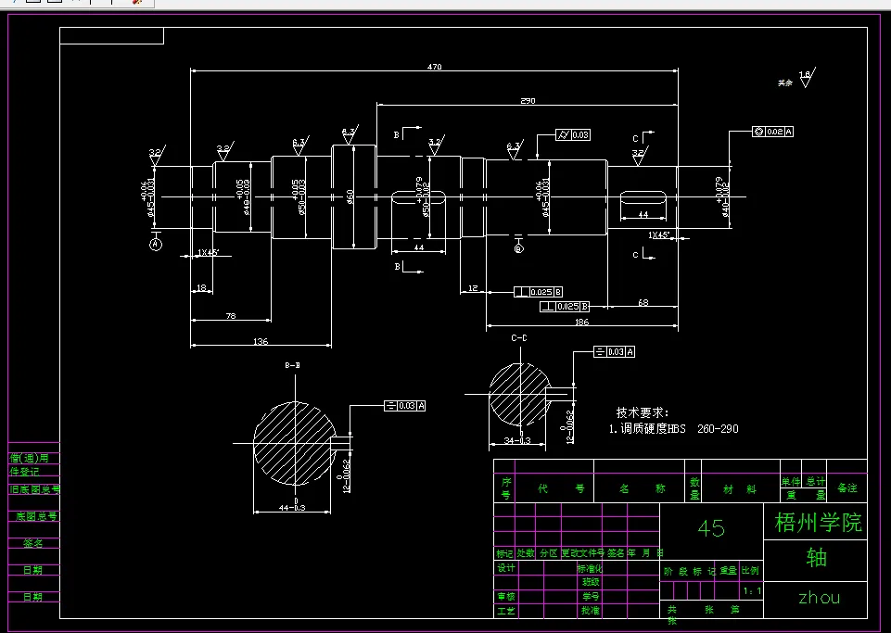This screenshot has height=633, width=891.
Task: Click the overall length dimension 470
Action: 434,67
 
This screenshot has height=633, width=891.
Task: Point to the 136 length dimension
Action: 261,342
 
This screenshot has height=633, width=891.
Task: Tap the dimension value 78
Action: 231,316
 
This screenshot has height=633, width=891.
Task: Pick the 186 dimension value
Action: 581,322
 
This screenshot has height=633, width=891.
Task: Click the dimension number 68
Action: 643,302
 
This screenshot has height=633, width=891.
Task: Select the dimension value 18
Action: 202,288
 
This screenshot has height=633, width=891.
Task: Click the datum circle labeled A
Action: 155,244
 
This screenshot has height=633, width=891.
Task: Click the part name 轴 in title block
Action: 816,558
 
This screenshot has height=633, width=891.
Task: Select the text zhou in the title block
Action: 816,598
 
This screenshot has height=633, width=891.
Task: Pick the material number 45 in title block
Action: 710,528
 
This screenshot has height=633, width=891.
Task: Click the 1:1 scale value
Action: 752,590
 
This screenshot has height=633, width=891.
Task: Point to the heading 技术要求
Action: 642,412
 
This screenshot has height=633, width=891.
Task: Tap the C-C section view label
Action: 518,339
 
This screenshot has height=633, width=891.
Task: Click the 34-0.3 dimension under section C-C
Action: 517,440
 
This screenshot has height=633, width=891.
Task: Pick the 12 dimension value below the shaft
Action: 473,289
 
